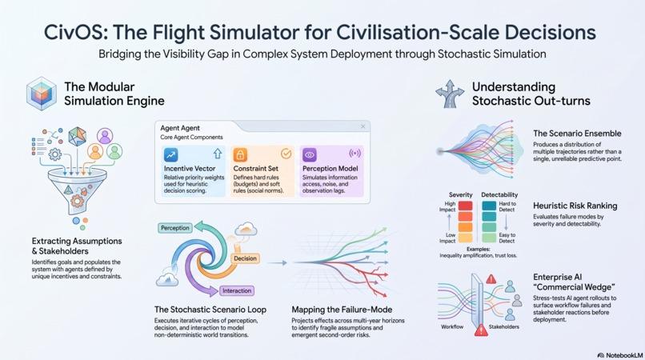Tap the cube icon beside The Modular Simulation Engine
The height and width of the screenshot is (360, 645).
tap(42, 94)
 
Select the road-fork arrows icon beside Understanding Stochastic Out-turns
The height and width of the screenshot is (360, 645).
tap(450, 94)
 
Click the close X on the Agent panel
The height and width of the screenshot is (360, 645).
tap(363, 126)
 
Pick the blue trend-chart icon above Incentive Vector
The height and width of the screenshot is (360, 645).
tap(170, 154)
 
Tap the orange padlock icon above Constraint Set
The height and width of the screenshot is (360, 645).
tap(240, 154)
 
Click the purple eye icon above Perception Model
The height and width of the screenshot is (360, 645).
tap(310, 154)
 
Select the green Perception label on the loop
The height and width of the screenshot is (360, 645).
tap(175, 228)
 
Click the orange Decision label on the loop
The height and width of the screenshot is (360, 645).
tap(245, 258)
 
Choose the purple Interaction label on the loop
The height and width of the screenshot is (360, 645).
tap(237, 291)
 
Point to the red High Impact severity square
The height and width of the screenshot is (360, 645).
tap(465, 206)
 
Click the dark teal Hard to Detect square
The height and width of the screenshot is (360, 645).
tap(489, 206)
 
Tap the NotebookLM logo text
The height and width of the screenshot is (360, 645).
tap(620, 355)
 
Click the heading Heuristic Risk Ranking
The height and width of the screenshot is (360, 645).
tap(575, 206)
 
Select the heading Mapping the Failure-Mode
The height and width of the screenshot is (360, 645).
tap(342, 310)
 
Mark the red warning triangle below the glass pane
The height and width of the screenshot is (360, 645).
tap(481, 330)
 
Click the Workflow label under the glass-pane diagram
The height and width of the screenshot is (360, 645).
tap(452, 326)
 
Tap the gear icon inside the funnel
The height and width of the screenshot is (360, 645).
tap(77, 201)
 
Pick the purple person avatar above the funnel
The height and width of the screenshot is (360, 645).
tap(105, 135)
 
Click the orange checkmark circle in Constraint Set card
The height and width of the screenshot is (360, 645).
tap(286, 154)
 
